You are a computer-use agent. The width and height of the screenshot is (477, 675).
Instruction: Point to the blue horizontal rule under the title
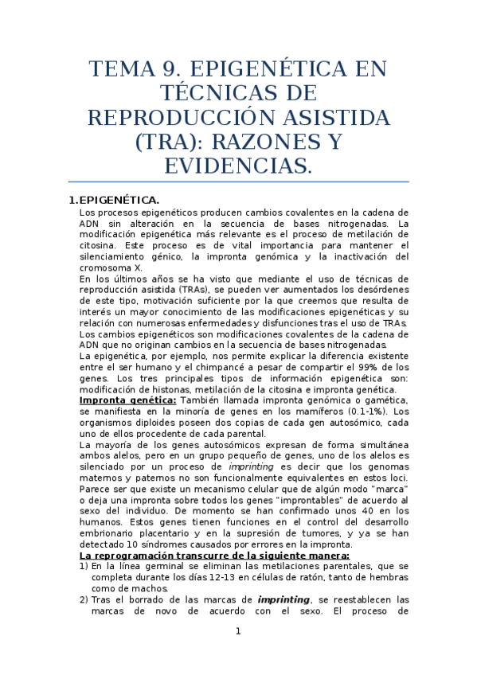click(x=238, y=182)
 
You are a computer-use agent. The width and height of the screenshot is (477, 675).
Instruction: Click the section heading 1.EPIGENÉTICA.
click(x=115, y=199)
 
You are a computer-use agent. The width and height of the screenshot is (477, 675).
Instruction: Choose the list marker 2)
click(x=84, y=599)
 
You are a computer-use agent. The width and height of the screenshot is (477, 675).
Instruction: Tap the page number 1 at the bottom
click(x=237, y=631)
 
